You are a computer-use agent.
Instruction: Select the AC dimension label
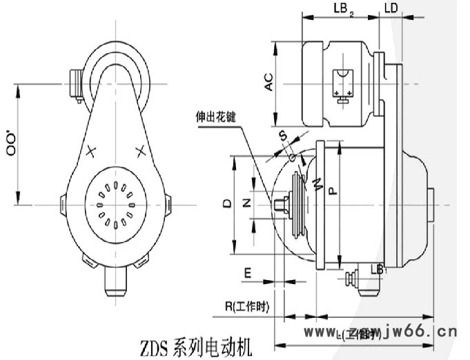pyautogui.click(x=269, y=82)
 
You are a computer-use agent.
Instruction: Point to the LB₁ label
pyautogui.click(x=378, y=268)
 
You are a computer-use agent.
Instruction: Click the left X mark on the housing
pyautogui.click(x=91, y=151)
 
